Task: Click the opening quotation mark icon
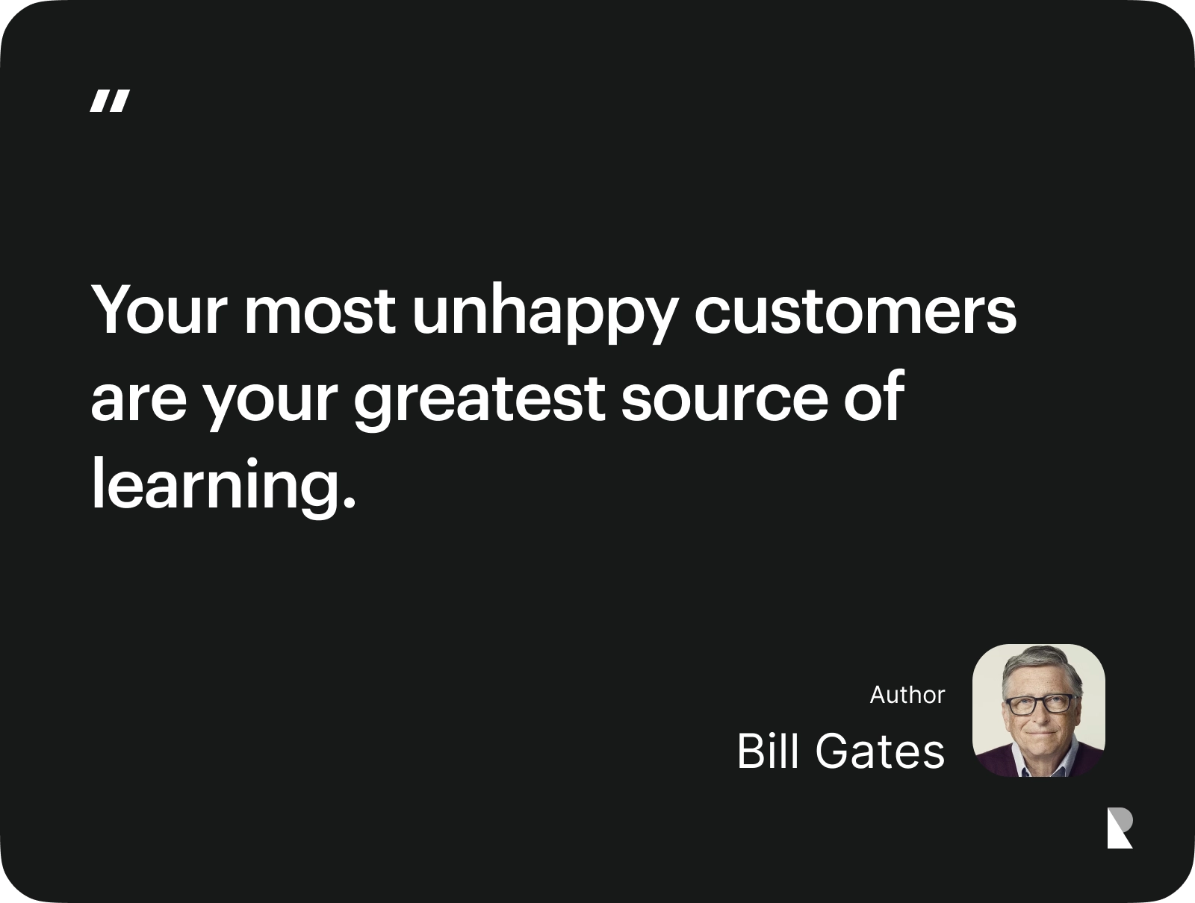pos(110,101)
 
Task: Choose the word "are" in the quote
pos(139,402)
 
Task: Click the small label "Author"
pos(907,696)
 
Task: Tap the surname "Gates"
pos(879,752)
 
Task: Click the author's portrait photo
pos(1038,710)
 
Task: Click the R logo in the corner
pos(1120,828)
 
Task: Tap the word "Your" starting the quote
pos(158,310)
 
